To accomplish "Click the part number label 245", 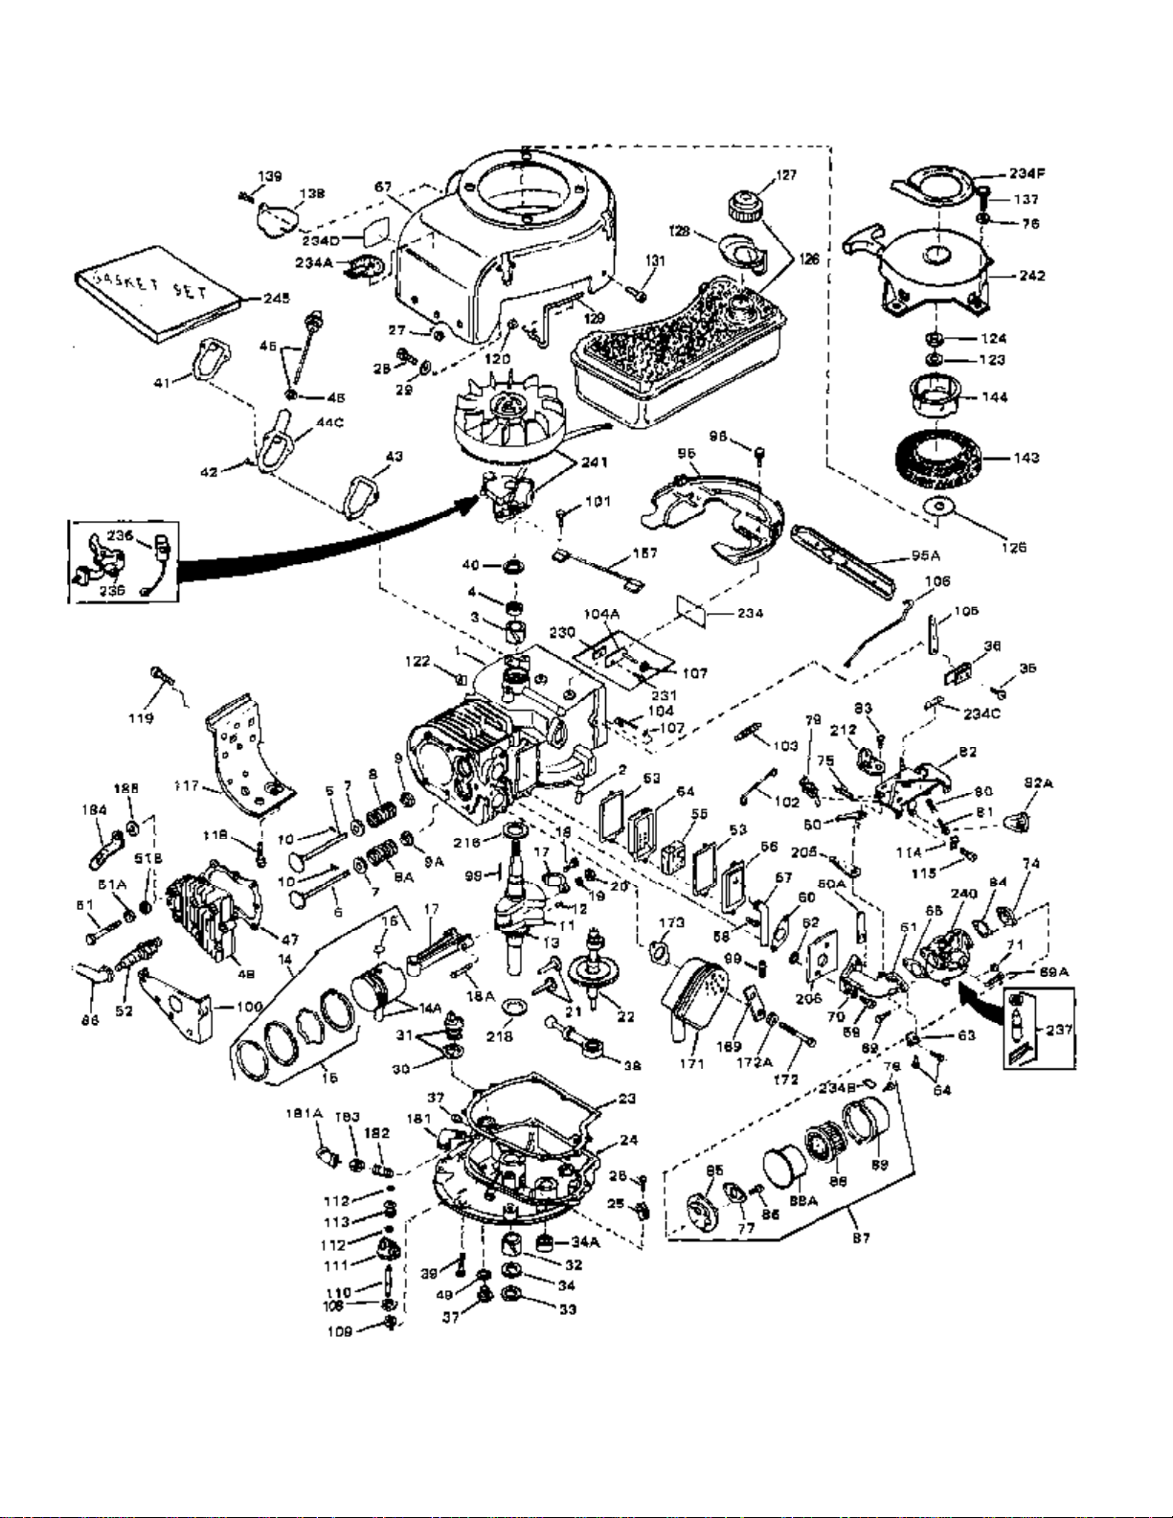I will pyautogui.click(x=277, y=298).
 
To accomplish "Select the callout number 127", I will pyautogui.click(x=786, y=174).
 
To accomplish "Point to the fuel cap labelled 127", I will pyautogui.click(x=742, y=204).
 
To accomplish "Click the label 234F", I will pyautogui.click(x=1026, y=173).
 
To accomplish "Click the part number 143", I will pyautogui.click(x=1026, y=458).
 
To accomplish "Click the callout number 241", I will pyautogui.click(x=594, y=462).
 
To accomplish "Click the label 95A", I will pyautogui.click(x=926, y=555).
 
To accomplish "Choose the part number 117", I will pyautogui.click(x=187, y=785).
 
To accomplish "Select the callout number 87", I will pyautogui.click(x=861, y=1237).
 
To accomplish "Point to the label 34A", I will pyautogui.click(x=585, y=1242).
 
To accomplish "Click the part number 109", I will pyautogui.click(x=339, y=1331).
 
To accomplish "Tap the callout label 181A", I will pyautogui.click(x=305, y=1113).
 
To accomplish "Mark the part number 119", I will pyautogui.click(x=141, y=717).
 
